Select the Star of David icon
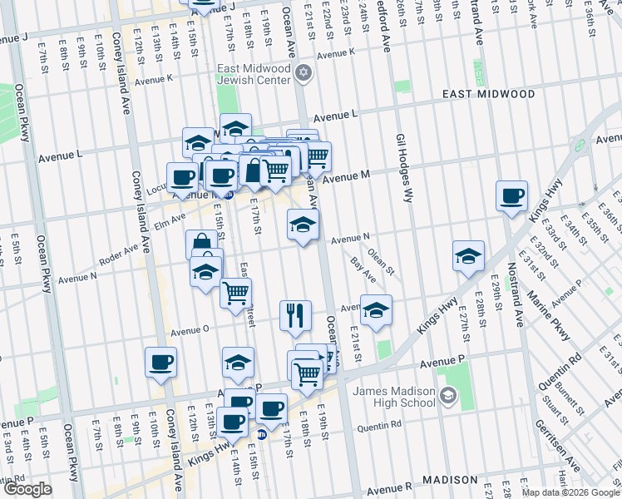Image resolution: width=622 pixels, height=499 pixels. (304, 74)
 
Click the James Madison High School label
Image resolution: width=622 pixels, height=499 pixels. (393, 398)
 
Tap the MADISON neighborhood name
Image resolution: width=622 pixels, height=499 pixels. (449, 481)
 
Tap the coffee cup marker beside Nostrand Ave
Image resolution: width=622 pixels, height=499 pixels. (511, 196)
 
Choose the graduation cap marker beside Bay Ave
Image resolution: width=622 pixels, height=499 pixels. (377, 309)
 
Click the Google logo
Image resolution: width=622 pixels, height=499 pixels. (27, 489)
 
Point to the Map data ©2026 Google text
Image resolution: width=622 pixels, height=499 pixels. (570, 492)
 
